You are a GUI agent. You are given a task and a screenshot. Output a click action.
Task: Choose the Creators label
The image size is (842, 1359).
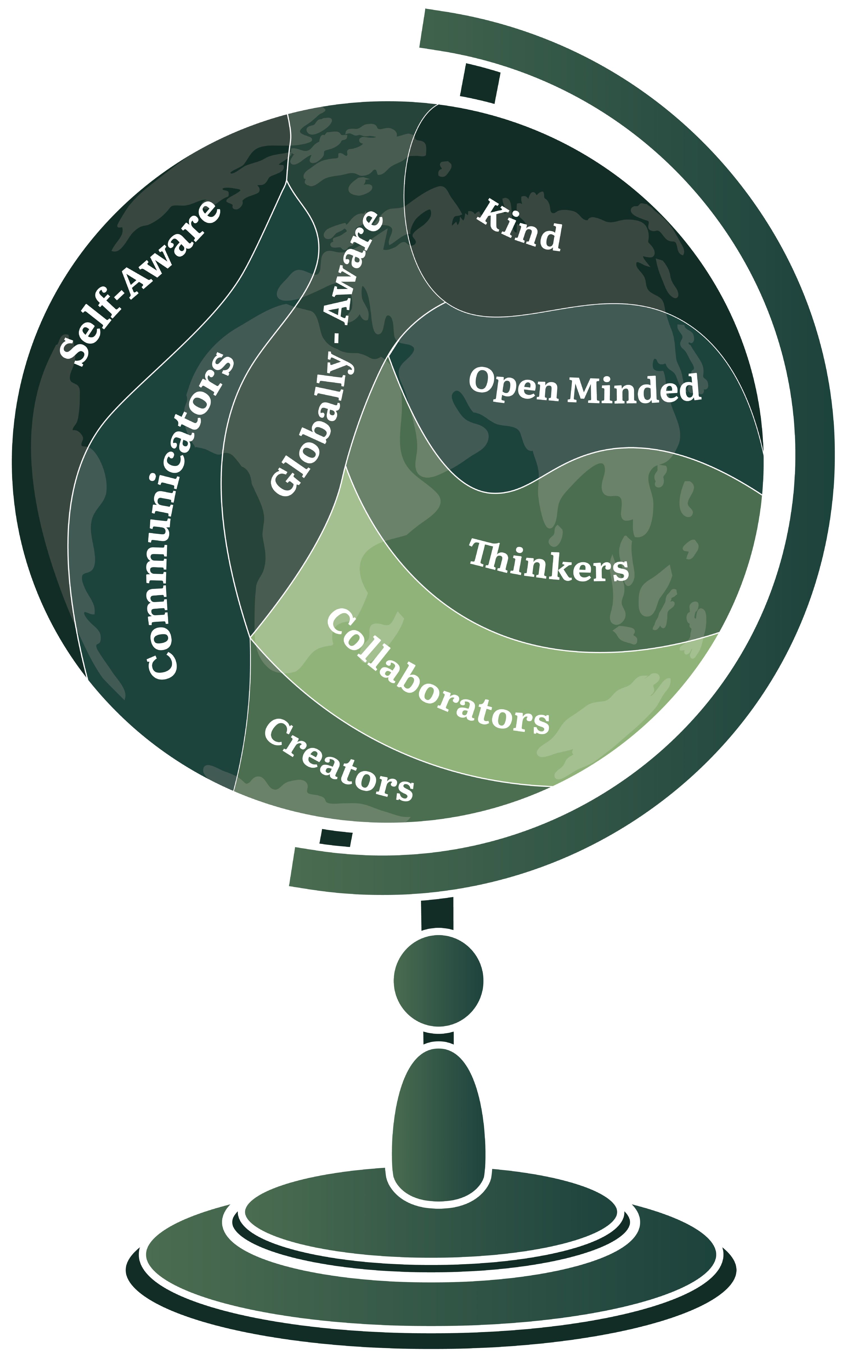point(338,760)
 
